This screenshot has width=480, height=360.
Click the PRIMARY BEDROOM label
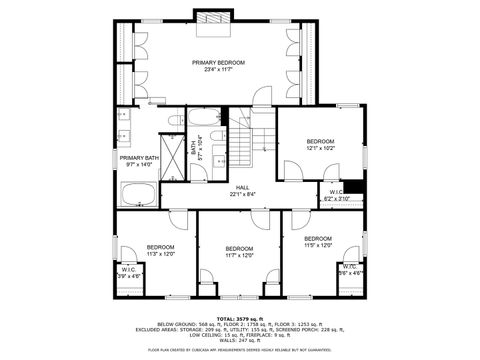[217, 62]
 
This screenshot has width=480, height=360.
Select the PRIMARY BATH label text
[139, 158]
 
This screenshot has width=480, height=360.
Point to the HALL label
[242, 187]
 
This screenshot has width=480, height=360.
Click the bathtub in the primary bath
[138, 194]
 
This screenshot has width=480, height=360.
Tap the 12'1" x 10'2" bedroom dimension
[320, 148]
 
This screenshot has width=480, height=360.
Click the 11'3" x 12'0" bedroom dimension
[161, 254]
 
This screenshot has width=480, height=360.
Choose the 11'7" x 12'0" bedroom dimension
[240, 255]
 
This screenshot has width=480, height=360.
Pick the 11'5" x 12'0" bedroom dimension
[320, 245]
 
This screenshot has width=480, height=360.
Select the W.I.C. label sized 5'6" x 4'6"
[349, 271]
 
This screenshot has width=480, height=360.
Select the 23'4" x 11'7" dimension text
[217, 69]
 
